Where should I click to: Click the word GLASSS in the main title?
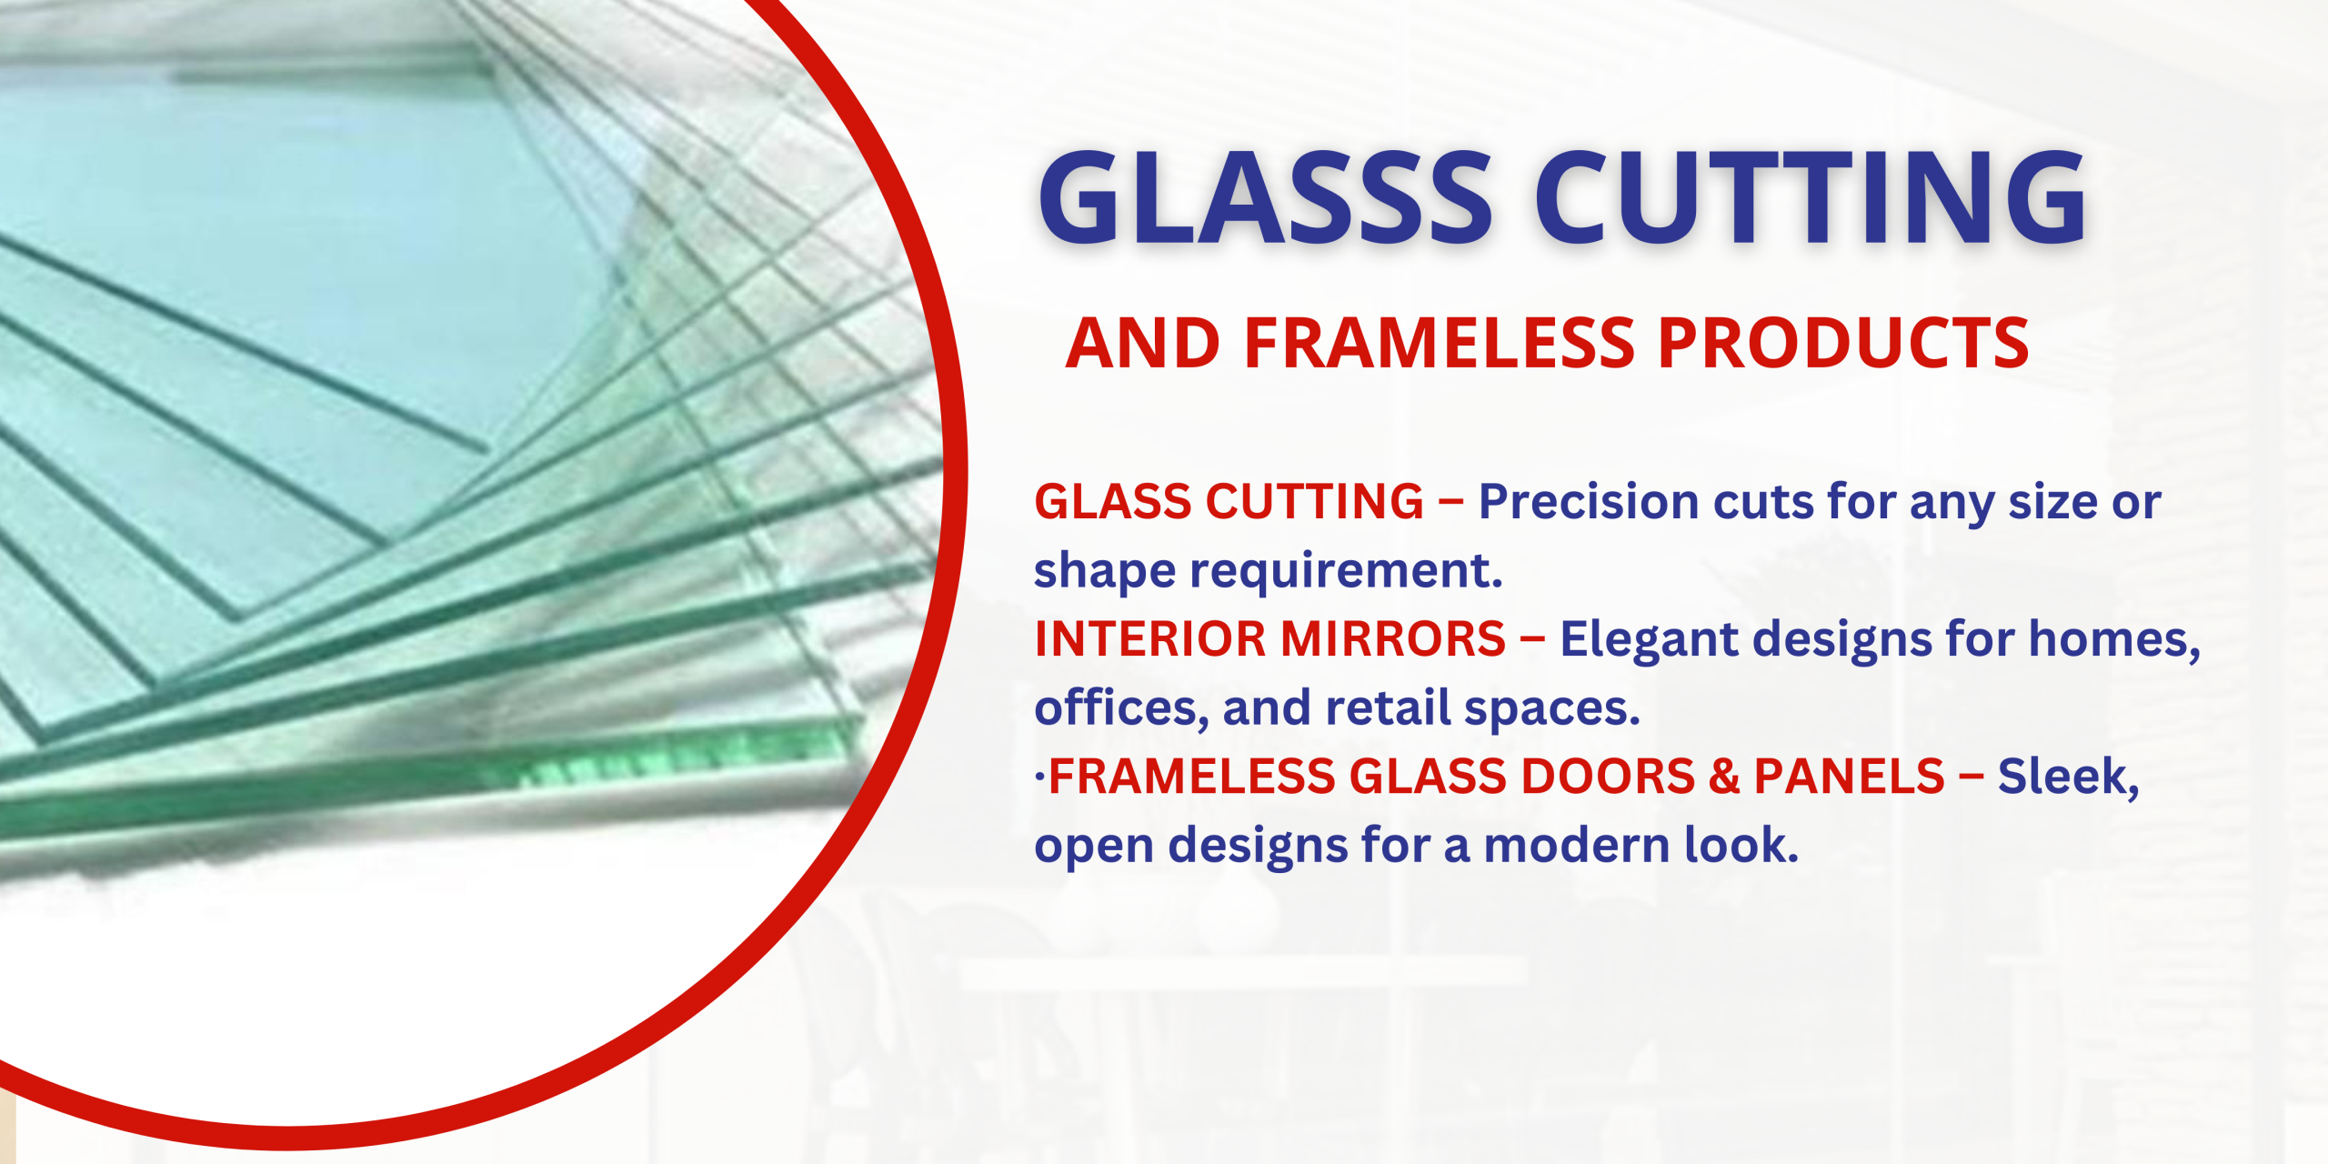[x=1265, y=197]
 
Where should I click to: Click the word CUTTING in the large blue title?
[x=1811, y=197]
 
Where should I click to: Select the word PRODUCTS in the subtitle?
[x=1843, y=343]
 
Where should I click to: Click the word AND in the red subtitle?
[x=1143, y=343]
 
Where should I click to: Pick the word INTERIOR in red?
[x=1150, y=638]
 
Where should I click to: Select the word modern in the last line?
[x=1577, y=845]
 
